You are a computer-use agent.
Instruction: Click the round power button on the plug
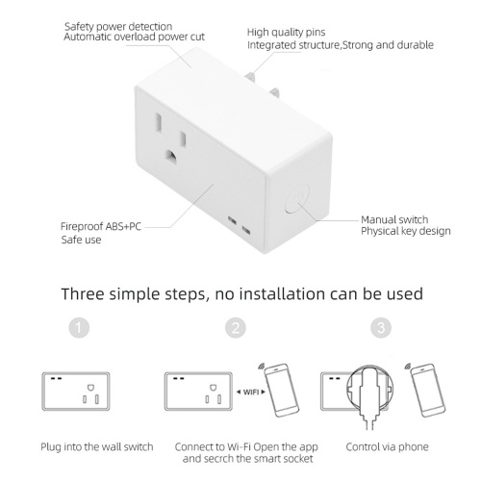click(297, 199)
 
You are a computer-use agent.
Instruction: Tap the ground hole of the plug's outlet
click(171, 156)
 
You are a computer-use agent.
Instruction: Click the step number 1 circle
click(79, 328)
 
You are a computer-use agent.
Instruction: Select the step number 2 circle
click(236, 328)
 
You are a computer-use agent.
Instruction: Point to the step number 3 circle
click(381, 328)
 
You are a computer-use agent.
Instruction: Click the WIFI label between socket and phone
click(251, 392)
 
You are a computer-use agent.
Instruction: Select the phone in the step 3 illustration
click(428, 390)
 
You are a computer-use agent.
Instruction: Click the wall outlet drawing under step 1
click(76, 392)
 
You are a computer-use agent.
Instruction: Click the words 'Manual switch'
click(394, 219)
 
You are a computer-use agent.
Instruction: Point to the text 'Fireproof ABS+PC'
click(101, 226)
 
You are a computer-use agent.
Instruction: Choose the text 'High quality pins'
click(286, 32)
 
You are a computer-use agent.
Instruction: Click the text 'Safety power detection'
click(118, 26)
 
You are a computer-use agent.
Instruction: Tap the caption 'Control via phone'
click(387, 446)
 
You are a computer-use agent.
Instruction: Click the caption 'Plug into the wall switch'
click(97, 446)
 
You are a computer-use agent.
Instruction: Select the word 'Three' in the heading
click(83, 293)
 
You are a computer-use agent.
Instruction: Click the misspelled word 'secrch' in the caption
click(217, 459)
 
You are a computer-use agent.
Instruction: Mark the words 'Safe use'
click(81, 240)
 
